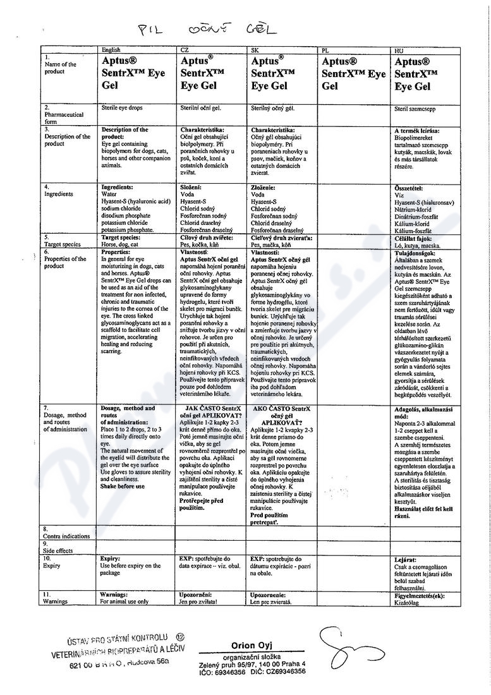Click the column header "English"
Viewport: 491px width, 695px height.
point(111,49)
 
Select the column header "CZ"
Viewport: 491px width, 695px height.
point(185,49)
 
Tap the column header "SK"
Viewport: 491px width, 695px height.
point(255,49)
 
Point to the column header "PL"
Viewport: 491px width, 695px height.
point(325,49)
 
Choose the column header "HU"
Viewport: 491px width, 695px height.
point(399,49)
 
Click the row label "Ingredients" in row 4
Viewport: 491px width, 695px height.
point(59,194)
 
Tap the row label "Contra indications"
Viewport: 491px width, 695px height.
point(66,536)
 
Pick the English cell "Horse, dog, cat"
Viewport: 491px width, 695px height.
point(121,244)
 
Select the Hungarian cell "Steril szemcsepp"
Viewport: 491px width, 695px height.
point(415,109)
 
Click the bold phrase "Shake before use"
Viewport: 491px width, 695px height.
point(123,486)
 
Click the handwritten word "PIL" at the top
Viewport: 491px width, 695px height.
point(155,30)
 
